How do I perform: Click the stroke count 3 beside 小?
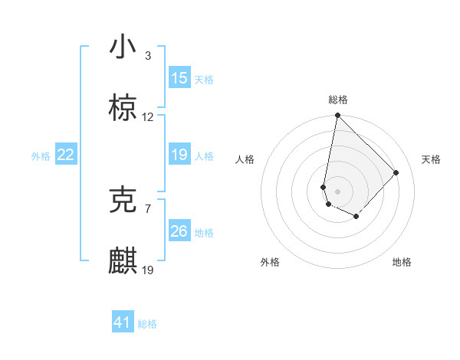(148, 56)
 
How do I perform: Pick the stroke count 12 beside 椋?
(148, 117)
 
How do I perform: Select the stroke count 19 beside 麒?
(148, 270)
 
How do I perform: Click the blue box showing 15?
(179, 78)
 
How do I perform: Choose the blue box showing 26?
(179, 231)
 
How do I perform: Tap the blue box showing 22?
(65, 155)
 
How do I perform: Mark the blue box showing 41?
(123, 322)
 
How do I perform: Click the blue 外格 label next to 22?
(41, 156)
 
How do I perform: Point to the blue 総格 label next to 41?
(147, 324)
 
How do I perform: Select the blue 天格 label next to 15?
(204, 80)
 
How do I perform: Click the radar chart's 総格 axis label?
(338, 100)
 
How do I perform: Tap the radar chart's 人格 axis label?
(245, 159)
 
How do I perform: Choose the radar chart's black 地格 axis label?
(402, 263)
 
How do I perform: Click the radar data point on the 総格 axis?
(337, 116)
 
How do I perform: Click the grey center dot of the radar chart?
(337, 191)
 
